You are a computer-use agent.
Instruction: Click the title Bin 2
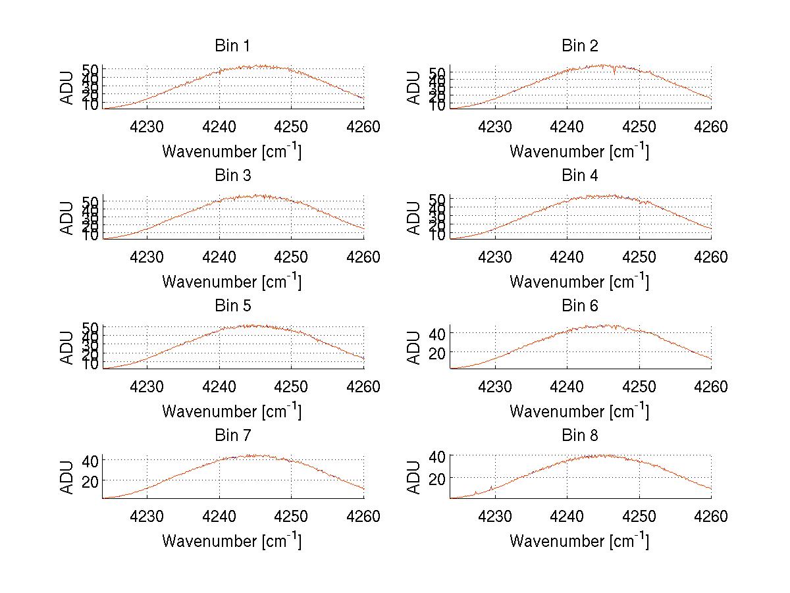click(579, 46)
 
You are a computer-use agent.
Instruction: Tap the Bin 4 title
click(579, 176)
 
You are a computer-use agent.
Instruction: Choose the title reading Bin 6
click(579, 306)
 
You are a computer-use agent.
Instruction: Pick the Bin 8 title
click(579, 436)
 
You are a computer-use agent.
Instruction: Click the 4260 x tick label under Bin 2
click(710, 127)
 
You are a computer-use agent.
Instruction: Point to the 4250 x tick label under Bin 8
click(639, 517)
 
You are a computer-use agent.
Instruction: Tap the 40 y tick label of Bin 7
click(91, 460)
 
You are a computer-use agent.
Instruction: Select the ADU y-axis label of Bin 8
click(414, 478)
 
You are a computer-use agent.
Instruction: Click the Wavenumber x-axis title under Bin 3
click(232, 282)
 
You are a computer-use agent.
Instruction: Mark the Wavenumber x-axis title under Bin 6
click(579, 411)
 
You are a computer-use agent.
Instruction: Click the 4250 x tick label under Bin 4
click(639, 257)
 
